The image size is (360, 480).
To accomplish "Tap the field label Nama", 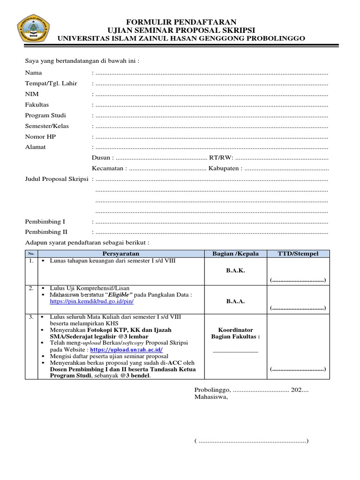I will click(x=33, y=73).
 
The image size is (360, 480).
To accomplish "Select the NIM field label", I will click(x=31, y=94).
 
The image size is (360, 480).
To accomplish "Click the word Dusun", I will click(x=101, y=158).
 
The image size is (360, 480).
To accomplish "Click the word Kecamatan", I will click(x=108, y=168).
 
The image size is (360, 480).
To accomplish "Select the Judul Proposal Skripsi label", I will click(x=57, y=180).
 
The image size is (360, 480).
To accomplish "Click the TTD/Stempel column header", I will click(x=299, y=254).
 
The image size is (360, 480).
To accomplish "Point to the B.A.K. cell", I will click(x=235, y=270).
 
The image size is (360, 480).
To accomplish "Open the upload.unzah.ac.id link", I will click(x=133, y=350).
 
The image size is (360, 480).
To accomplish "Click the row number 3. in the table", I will click(x=30, y=317).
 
